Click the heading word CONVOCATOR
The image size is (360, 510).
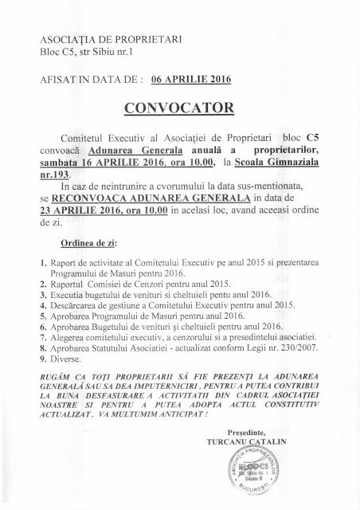click(179, 108)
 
